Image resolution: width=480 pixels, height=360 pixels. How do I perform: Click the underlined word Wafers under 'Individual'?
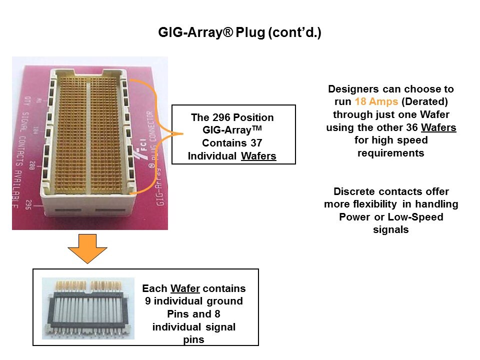tap(258, 156)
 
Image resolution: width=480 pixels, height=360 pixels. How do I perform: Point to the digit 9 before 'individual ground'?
tap(147, 301)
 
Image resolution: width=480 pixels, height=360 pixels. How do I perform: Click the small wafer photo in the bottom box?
tap(88, 308)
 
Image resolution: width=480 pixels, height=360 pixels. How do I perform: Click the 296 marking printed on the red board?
tap(28, 205)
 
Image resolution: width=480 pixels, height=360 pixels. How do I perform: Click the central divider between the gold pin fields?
tap(88, 135)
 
